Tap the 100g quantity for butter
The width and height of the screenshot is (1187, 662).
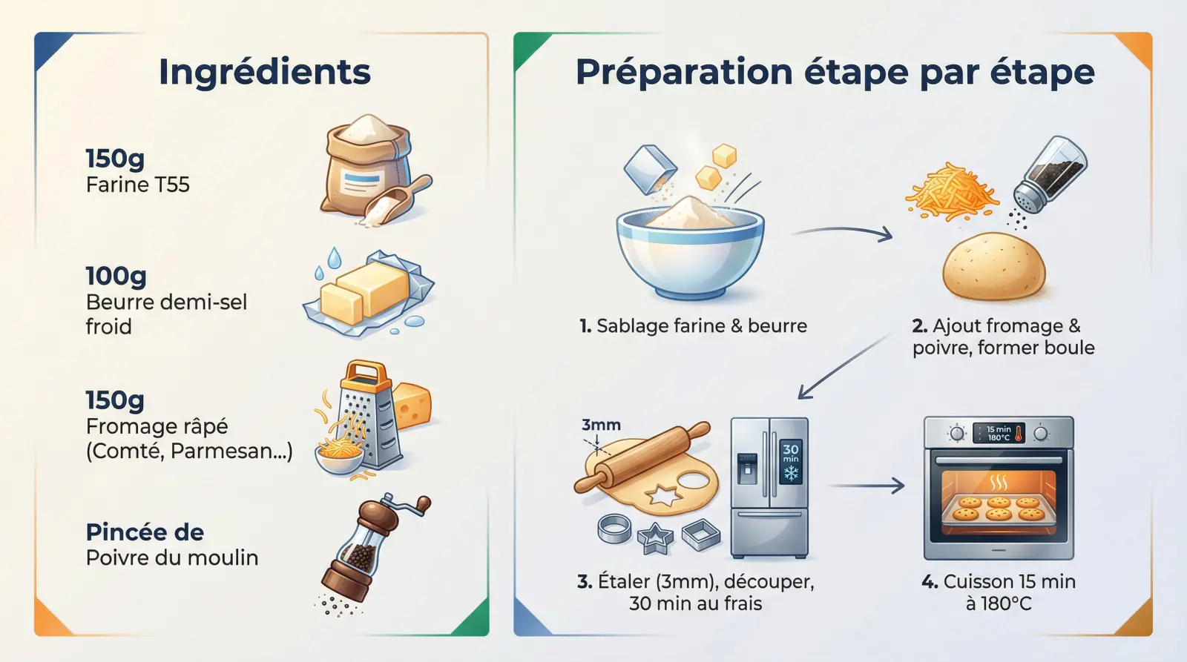click(116, 275)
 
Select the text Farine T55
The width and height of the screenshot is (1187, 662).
click(138, 185)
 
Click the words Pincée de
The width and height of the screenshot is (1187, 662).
click(145, 532)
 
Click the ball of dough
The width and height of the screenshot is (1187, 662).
click(994, 266)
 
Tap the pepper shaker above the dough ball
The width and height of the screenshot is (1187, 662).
click(1049, 175)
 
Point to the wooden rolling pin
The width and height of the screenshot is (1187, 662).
click(642, 457)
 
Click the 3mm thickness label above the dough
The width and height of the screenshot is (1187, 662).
click(601, 425)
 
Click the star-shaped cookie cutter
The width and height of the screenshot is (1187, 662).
click(656, 539)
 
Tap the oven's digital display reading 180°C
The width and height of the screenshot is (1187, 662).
click(999, 433)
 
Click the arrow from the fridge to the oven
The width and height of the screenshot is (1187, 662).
click(866, 486)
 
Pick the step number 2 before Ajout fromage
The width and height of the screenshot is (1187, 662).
click(919, 326)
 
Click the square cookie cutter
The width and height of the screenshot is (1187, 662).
click(701, 535)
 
